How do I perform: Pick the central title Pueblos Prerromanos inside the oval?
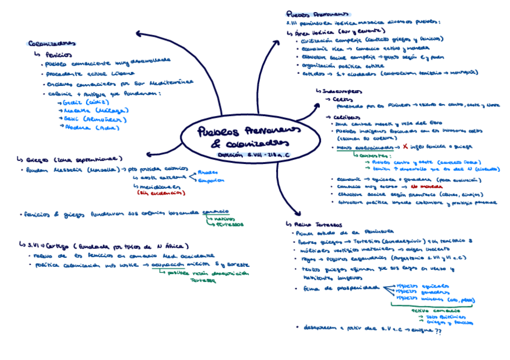click(244, 132)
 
